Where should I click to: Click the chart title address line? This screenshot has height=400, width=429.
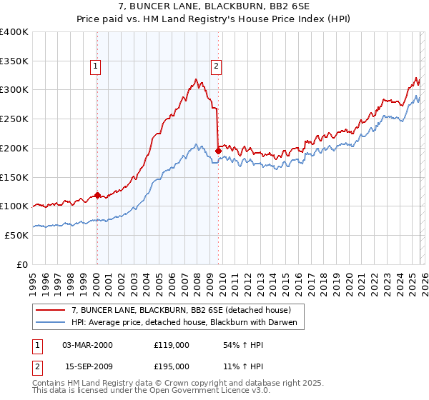[x=214, y=6]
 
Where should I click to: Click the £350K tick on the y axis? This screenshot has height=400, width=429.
[x=14, y=61]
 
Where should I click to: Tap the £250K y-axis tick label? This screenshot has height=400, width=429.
[x=14, y=119]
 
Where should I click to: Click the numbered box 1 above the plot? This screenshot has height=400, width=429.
[x=96, y=66]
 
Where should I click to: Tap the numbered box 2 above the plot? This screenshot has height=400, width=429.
[x=216, y=66]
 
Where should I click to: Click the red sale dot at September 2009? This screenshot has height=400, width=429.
[x=218, y=151]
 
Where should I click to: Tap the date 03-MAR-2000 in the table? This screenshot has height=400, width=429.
[x=87, y=344]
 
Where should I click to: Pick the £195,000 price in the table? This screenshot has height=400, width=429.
[x=172, y=366]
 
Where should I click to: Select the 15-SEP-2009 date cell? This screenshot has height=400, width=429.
[x=87, y=366]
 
